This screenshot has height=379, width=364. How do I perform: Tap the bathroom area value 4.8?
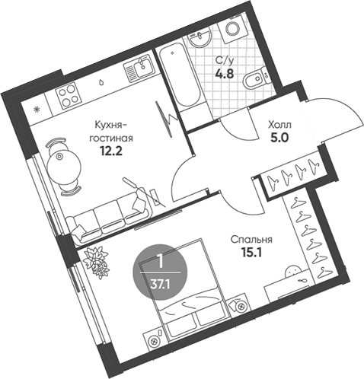pyautogui.click(x=225, y=74)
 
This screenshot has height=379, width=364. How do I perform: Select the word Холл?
pyautogui.click(x=280, y=125)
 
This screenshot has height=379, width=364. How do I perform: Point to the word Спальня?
pyautogui.click(x=251, y=240)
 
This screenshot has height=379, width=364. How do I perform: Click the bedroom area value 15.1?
pyautogui.click(x=251, y=253)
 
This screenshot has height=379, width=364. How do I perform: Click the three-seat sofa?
pyautogui.click(x=109, y=218)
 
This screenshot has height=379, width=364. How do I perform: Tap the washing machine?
pyautogui.click(x=233, y=28)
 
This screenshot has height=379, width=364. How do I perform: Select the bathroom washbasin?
pyautogui.click(x=200, y=38)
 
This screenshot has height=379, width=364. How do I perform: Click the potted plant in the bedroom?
pyautogui.click(x=97, y=262)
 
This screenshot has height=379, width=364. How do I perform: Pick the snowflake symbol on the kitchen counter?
pyautogui.click(x=37, y=110)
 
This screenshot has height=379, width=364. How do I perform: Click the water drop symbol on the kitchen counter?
pyautogui.click(x=101, y=81)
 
